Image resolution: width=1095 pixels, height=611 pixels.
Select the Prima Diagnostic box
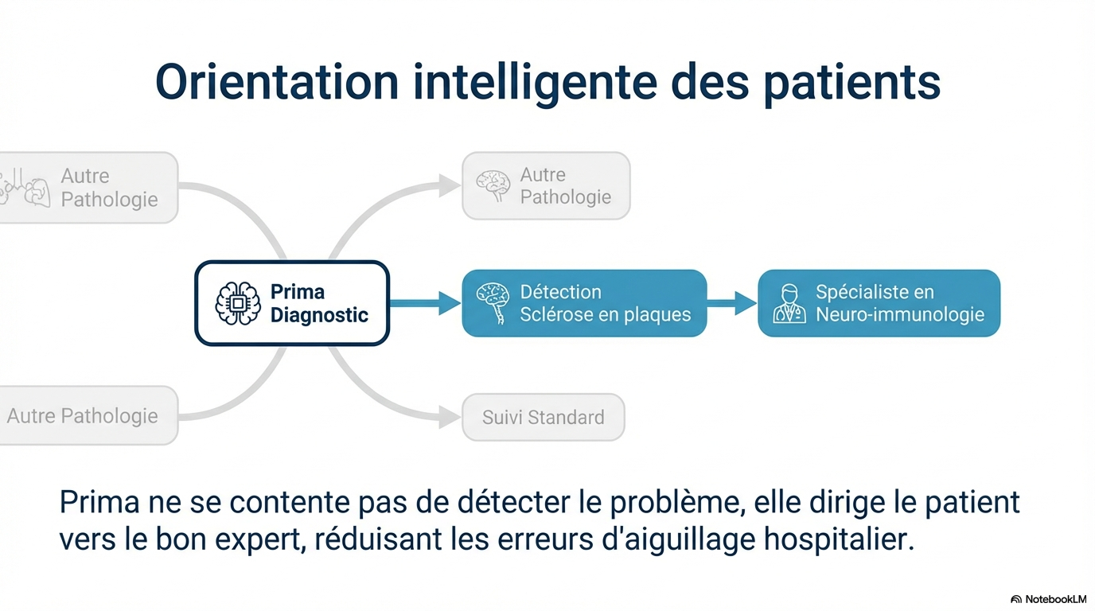[x=292, y=303]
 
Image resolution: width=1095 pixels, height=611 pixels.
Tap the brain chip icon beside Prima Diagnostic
[x=238, y=303]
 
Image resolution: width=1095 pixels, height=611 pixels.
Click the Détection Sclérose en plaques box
[x=584, y=303]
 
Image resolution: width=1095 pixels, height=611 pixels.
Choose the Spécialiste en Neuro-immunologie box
[x=879, y=303]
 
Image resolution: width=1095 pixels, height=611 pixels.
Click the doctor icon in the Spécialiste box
[x=788, y=304]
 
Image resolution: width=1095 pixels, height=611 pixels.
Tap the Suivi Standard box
[x=544, y=417]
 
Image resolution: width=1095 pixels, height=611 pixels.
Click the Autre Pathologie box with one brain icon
[x=546, y=186]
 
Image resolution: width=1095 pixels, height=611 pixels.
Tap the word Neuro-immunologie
[x=900, y=315]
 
